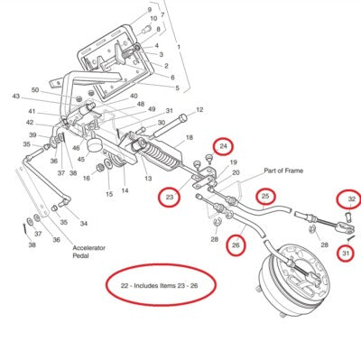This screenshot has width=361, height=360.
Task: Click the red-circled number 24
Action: tap(223, 146)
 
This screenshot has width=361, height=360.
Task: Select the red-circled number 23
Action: tap(170, 197)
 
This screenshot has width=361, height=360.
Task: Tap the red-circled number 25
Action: tap(265, 196)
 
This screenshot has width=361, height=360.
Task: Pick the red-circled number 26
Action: tap(236, 245)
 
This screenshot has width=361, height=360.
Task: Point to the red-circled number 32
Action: tap(352, 199)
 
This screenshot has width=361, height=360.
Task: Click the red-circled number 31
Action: tap(347, 254)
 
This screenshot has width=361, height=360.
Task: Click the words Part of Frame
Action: tap(283, 171)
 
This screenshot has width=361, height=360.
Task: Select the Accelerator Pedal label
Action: tap(88, 252)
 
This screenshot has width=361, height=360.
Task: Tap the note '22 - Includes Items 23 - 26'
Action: tap(159, 285)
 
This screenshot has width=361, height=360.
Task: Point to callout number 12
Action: tap(199, 110)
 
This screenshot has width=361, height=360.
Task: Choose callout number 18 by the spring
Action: tap(189, 137)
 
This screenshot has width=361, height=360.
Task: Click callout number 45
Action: tap(81, 160)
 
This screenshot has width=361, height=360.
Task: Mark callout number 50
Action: tap(35, 90)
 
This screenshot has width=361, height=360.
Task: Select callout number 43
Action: tap(15, 97)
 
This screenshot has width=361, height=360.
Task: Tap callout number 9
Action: tap(150, 10)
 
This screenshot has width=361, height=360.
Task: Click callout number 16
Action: tap(87, 178)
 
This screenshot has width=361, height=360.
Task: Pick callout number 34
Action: tap(84, 224)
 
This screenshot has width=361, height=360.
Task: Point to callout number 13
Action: tap(148, 179)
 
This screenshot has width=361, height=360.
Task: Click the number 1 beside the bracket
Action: tap(179, 47)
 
